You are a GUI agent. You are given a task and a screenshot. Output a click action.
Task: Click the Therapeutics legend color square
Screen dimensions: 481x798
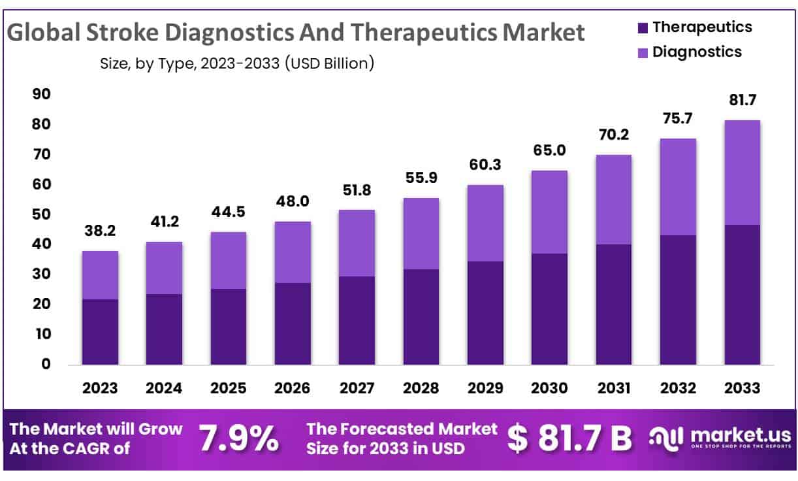coord(641,27)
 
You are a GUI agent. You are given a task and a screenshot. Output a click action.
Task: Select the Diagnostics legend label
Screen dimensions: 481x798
coord(697,52)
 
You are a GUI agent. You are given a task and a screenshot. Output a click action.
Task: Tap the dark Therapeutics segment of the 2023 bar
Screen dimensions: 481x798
coord(100,331)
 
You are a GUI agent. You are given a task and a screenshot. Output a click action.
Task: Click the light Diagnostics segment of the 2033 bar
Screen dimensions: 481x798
coord(742,173)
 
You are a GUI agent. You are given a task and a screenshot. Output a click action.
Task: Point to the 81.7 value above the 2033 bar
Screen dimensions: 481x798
coord(742,101)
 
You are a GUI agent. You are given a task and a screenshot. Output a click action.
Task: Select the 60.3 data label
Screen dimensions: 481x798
coord(485,165)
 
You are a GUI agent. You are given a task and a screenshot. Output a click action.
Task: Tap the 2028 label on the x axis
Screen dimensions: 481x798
coord(421,388)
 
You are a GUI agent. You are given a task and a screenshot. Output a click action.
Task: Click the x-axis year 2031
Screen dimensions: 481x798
coord(614,388)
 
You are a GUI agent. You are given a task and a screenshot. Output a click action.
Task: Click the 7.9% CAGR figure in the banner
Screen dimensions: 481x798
coord(238,439)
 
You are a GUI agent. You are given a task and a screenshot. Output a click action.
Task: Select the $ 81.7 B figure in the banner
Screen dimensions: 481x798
coord(569,439)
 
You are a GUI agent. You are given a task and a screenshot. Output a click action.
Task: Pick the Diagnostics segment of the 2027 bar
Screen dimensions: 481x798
coord(357,243)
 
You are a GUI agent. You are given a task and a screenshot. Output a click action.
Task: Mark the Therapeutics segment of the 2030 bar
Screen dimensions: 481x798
coord(549,308)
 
